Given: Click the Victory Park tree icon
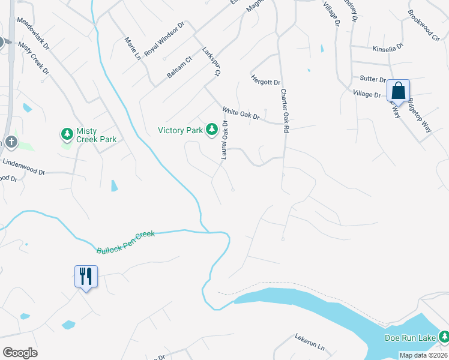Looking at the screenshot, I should pos(211,130).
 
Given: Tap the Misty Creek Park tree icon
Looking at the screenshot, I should pos(67,133).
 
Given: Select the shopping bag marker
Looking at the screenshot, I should pos(398,91).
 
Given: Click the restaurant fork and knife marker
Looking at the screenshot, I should pos(85,276).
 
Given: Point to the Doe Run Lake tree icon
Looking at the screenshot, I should pos(443,338).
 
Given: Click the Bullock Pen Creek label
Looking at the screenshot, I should pos(125,241).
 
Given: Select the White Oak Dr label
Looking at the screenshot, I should pos(240,113).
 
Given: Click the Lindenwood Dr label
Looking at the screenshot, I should pos(24,167).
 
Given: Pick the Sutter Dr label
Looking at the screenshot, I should pos(372,79).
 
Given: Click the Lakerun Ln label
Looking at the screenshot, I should pos(309,343).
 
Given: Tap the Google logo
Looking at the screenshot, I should pos(20,353).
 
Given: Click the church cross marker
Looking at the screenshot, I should pos(10,142).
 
